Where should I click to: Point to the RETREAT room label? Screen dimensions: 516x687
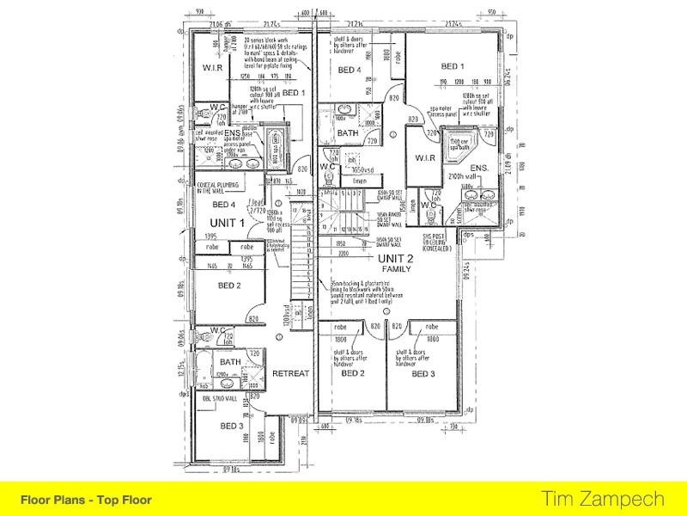point(289,373)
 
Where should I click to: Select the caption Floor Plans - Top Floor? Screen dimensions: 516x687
point(86,498)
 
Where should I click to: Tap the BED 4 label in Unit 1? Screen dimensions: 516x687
point(223,205)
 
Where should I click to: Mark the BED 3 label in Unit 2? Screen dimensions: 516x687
point(424,374)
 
